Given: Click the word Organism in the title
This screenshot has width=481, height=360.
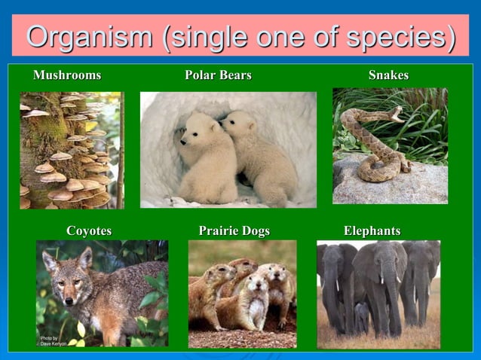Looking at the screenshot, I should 87,36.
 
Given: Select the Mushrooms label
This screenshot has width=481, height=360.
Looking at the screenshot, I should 67,75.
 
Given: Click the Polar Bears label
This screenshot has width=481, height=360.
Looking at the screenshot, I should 218,75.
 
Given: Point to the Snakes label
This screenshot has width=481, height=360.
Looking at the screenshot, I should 388,75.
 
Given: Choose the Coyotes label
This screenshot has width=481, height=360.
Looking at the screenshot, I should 89,231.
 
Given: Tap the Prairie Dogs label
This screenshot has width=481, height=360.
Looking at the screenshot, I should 234,231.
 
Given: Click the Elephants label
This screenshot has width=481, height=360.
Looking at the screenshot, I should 372,231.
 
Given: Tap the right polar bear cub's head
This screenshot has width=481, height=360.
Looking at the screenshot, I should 237,124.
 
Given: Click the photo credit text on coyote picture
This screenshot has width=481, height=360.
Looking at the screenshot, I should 53,340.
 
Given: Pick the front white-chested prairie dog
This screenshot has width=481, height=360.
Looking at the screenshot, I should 253,297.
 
